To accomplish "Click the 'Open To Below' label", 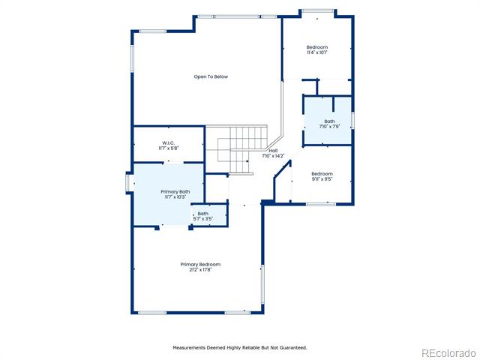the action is click(x=211, y=76).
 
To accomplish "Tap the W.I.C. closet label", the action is click(x=168, y=143).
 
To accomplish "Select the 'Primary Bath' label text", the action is click(x=175, y=192).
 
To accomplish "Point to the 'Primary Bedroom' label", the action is click(x=200, y=265).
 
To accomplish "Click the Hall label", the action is click(x=273, y=151).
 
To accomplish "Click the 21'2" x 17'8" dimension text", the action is click(x=200, y=270).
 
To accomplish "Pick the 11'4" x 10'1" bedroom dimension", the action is click(x=317, y=52).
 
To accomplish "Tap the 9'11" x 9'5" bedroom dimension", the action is click(x=322, y=179).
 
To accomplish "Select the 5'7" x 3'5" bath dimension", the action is click(x=203, y=219).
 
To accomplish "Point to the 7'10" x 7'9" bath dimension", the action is click(x=329, y=126).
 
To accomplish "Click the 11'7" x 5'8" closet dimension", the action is click(x=168, y=148).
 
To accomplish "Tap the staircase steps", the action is click(x=241, y=144).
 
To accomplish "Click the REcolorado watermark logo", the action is click(x=448, y=353).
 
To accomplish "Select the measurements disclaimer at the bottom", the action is click(x=240, y=348).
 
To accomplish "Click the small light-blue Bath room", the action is click(x=209, y=215).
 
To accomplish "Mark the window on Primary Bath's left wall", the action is click(x=128, y=184).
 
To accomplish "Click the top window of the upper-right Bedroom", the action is click(x=317, y=11).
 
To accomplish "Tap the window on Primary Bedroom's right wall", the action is click(x=262, y=284).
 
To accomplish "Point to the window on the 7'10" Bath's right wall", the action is click(x=352, y=120).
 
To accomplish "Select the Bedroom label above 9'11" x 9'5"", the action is click(x=322, y=174).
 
